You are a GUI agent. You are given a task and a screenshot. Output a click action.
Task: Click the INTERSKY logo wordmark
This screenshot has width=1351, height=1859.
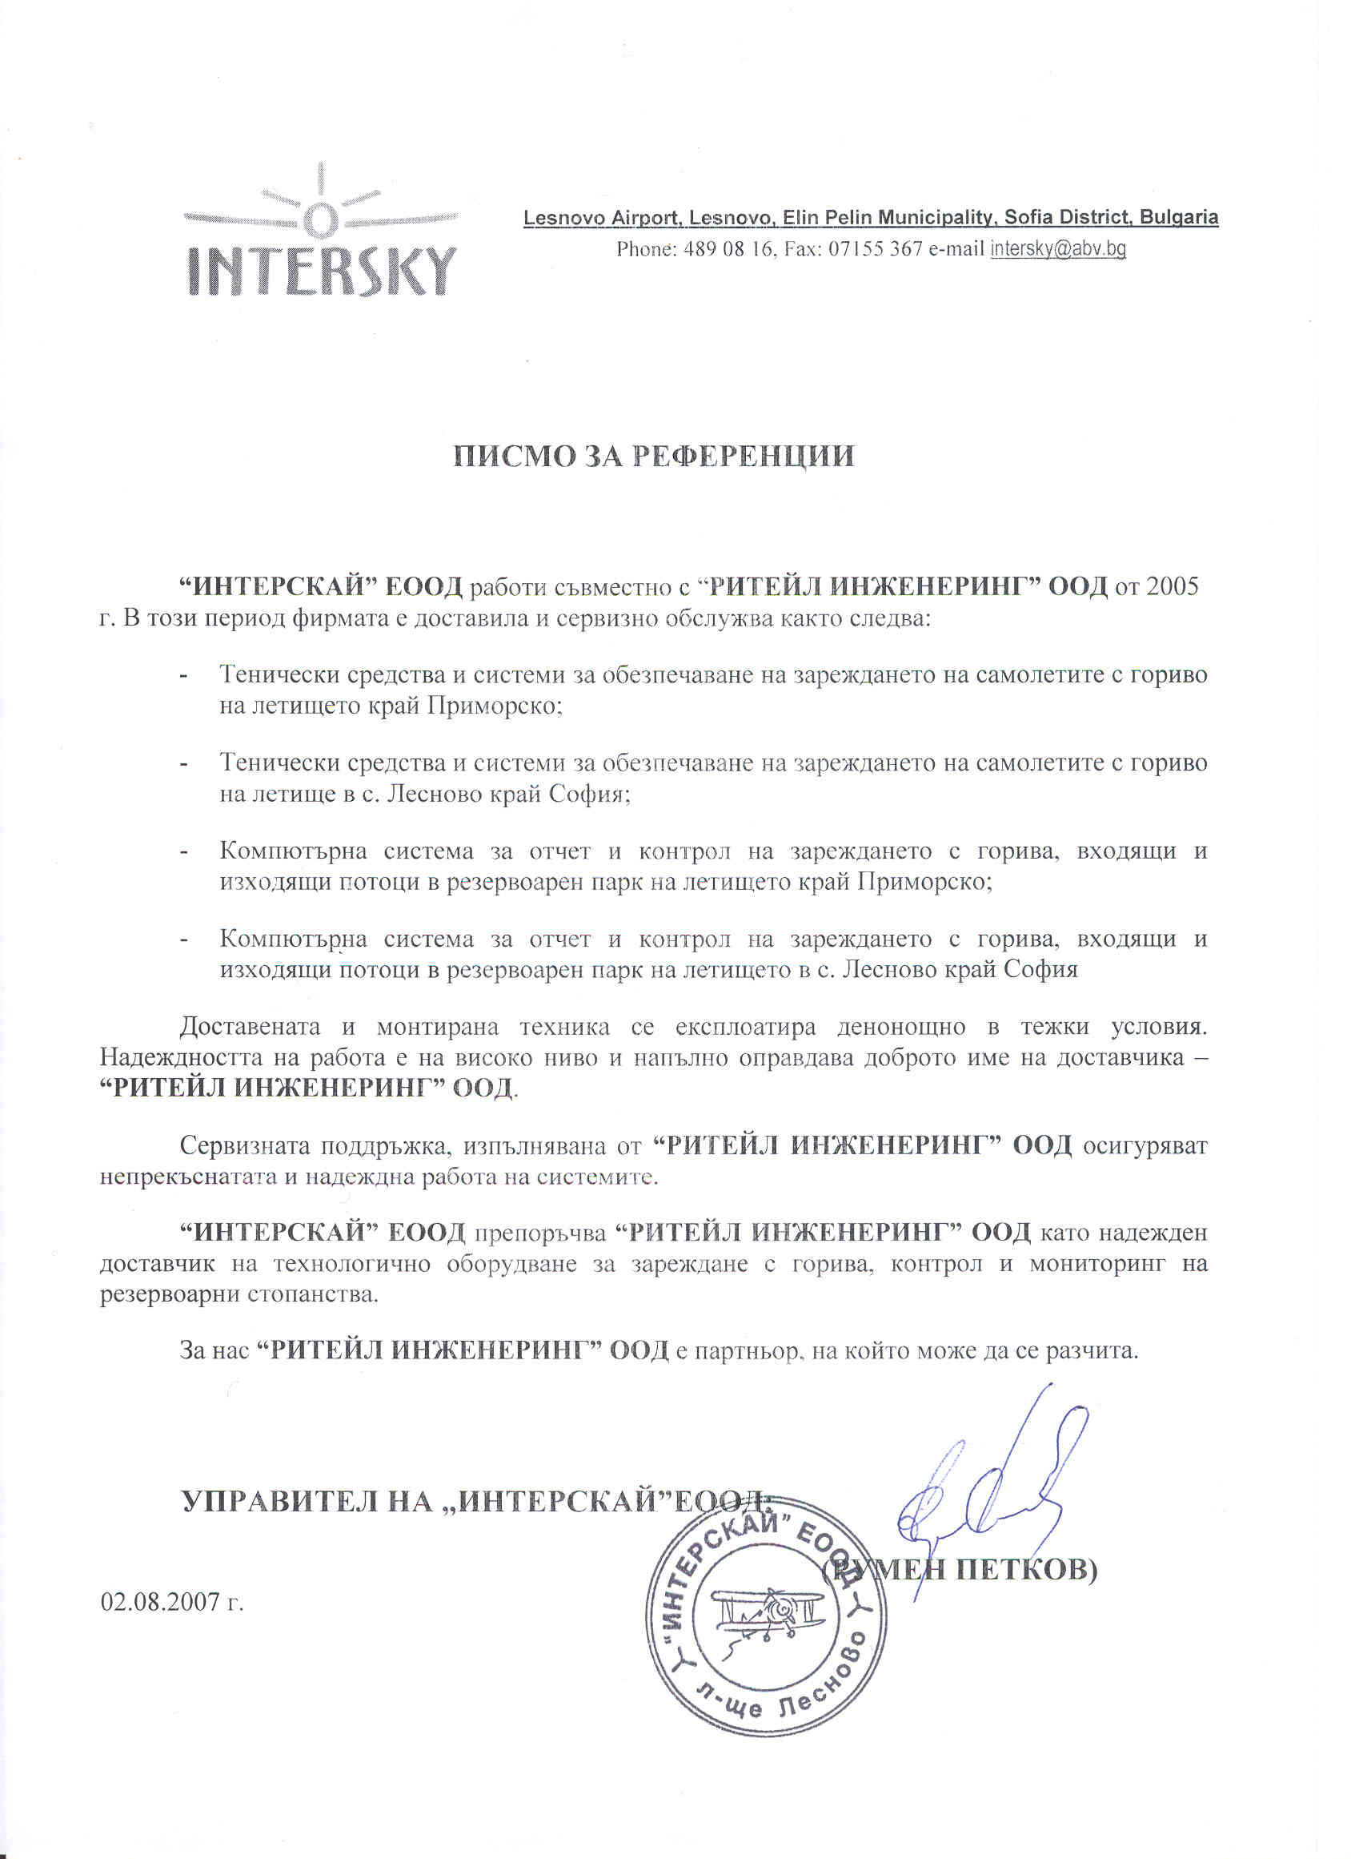[x=322, y=269]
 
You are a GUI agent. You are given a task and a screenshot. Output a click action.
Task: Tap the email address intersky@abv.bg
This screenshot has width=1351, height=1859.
[x=1058, y=249]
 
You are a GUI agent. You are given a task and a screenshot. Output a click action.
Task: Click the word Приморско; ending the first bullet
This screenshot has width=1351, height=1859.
[x=495, y=706]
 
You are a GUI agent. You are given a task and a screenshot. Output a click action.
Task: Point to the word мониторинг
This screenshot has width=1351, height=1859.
[x=1097, y=1263]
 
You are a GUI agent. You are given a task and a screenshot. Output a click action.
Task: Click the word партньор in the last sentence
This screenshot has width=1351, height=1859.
[x=744, y=1350]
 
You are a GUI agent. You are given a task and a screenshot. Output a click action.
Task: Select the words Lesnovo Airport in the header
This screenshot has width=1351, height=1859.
[x=599, y=218]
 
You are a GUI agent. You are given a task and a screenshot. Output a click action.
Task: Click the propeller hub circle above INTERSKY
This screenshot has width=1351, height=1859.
[x=319, y=219]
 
